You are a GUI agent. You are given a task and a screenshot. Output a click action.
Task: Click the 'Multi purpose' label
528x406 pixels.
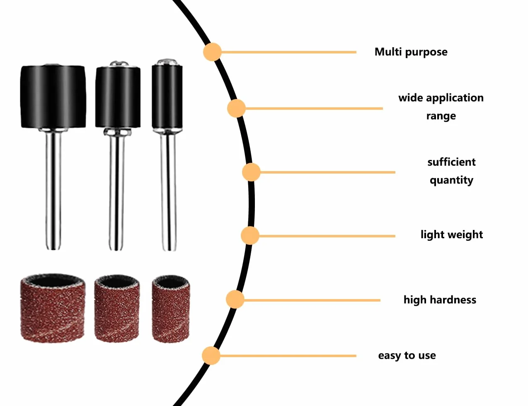point(411,52)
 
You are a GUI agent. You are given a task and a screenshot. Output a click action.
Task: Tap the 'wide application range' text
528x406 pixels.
point(441,107)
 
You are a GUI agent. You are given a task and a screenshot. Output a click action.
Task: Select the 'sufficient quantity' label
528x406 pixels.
point(451,171)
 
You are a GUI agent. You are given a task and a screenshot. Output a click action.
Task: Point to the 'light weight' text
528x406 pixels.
point(452,235)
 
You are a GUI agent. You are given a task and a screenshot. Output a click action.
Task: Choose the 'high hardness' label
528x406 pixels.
point(440,300)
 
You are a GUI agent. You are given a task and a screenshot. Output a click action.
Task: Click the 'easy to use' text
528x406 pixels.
point(407,355)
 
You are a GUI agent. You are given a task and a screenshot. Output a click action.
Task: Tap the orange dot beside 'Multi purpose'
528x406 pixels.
point(212,52)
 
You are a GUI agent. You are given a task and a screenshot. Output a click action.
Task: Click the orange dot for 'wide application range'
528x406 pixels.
point(236,108)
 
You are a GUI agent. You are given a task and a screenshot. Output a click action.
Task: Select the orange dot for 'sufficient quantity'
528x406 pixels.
point(251,172)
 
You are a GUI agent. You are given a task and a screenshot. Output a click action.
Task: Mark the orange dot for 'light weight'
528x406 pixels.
point(250,236)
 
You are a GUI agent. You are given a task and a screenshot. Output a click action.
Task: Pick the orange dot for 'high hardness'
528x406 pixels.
point(235,300)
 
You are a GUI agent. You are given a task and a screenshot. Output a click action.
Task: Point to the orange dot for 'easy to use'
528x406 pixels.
point(211,355)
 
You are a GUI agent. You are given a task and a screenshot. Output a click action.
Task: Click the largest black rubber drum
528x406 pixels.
point(53,97)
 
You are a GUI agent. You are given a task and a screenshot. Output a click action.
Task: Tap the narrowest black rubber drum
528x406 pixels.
point(167,97)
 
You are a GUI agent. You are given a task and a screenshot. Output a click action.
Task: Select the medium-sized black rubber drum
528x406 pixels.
point(118,97)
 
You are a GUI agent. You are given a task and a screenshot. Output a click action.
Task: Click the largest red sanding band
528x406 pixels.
point(53,308)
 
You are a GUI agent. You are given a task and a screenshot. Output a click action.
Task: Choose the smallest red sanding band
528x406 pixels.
point(171,309)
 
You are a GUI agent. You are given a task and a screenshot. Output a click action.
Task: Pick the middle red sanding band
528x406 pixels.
point(117,308)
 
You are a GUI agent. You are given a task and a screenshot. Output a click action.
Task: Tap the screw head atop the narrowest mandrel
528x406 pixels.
point(167,62)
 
